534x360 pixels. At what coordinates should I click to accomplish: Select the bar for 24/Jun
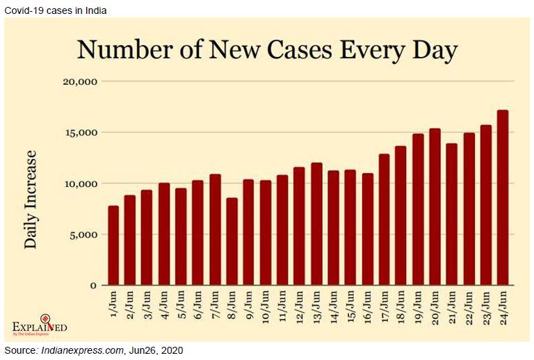pos(503,198)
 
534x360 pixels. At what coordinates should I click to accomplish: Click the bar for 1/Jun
pos(113,245)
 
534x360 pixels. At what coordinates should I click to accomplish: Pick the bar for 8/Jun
pos(232,242)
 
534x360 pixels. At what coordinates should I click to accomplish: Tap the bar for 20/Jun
pos(435,207)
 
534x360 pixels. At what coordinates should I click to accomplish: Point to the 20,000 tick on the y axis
pos(80,81)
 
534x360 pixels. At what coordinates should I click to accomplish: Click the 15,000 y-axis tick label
pos(80,133)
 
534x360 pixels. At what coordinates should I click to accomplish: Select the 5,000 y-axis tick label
pos(83,235)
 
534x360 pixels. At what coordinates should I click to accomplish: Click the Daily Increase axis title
pos(31,199)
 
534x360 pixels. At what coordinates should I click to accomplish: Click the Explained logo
pos(40,325)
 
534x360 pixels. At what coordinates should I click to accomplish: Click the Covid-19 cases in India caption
pos(56,9)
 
